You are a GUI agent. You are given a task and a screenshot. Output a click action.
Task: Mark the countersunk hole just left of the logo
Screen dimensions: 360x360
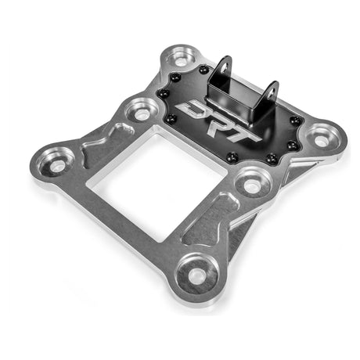[x=142, y=113]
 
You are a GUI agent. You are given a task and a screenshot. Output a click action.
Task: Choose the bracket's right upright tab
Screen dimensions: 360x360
[x=272, y=95]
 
